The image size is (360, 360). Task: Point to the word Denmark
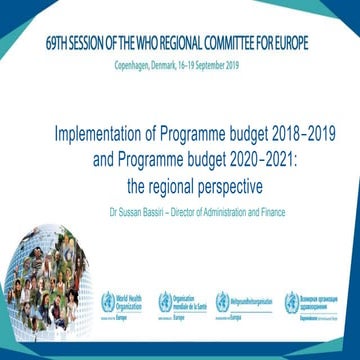pyautogui.click(x=165, y=63)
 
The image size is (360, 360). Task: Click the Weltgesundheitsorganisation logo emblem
pyautogui.click(x=236, y=302)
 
